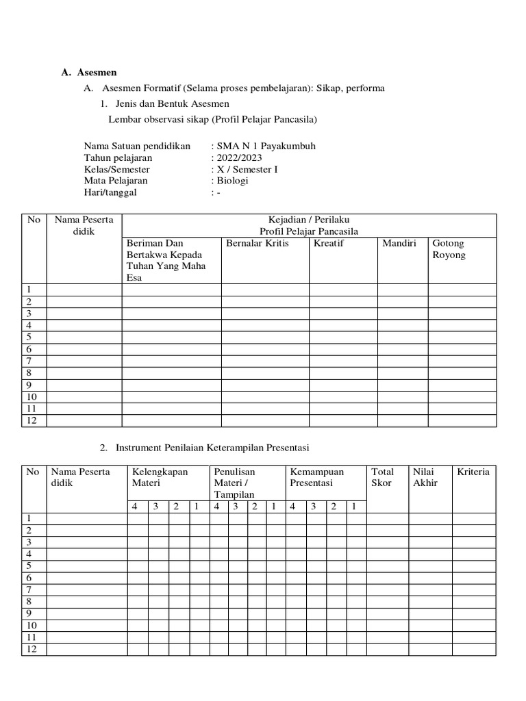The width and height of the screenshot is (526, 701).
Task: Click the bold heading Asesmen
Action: [x=97, y=72]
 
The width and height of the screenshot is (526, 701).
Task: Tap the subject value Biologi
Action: [x=233, y=181]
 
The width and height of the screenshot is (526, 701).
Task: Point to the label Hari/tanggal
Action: [x=110, y=192]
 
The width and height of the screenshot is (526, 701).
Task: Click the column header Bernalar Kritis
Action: [x=258, y=243]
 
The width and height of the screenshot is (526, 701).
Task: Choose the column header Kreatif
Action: [x=328, y=243]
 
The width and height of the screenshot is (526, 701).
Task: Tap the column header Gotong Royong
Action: [x=449, y=249]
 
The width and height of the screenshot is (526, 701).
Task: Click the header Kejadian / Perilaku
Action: [x=309, y=220]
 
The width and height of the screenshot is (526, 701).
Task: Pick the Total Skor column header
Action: [x=382, y=477]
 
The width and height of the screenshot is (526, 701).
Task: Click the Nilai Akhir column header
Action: [x=425, y=477]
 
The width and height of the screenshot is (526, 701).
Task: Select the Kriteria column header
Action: [x=473, y=472]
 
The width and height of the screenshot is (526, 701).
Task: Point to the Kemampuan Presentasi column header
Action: [x=317, y=477]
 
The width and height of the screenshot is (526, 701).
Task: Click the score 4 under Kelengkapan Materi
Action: [x=136, y=507]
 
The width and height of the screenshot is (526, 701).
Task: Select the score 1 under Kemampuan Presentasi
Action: [x=354, y=507]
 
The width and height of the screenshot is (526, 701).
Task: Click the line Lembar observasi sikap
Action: [x=213, y=119]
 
